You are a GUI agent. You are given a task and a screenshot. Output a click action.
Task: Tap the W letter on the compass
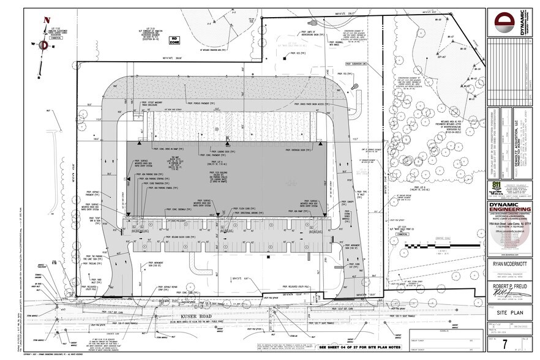pyautogui.click(x=29, y=44)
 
